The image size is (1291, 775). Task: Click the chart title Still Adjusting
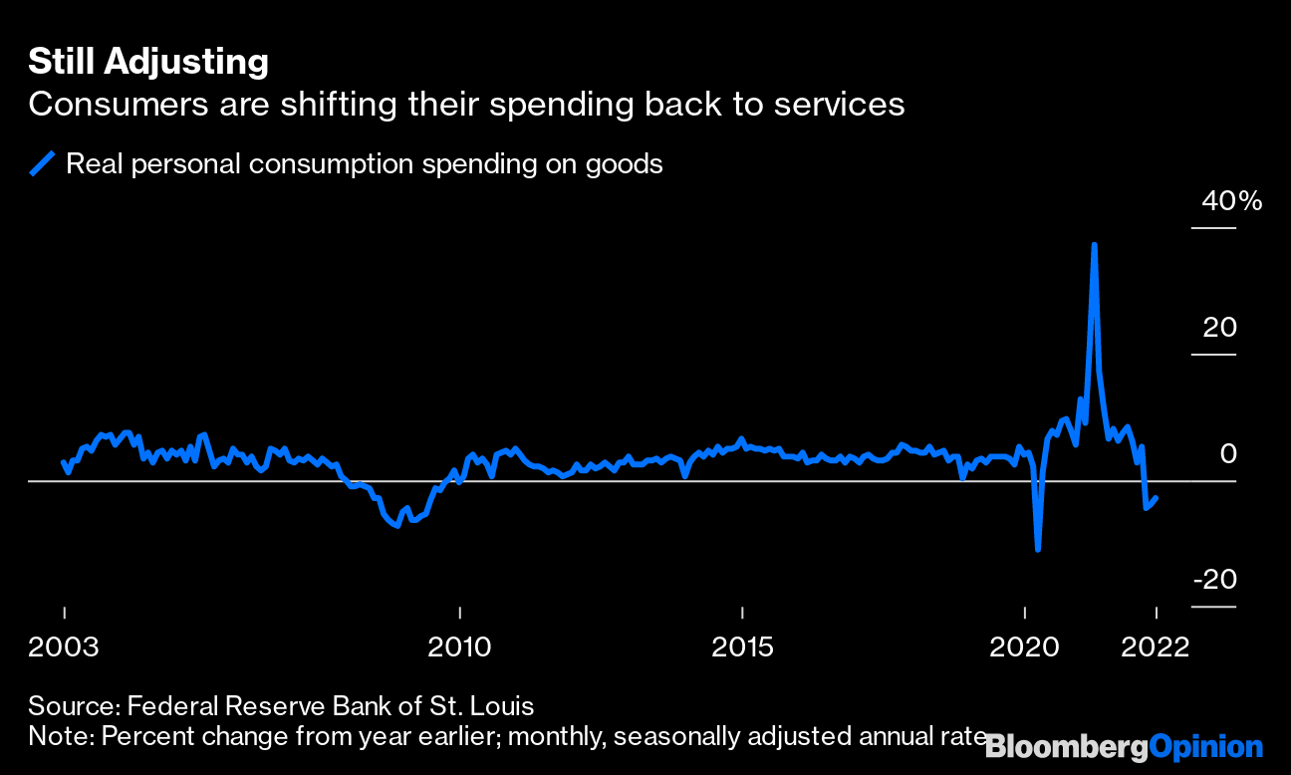coord(148,62)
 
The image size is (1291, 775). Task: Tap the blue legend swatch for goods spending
coord(43,163)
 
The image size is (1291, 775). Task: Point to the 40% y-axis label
coord(1231,201)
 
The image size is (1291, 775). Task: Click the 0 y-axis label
coord(1228,454)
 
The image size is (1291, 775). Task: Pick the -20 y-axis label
coord(1213,580)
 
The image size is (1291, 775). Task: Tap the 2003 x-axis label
coord(64,647)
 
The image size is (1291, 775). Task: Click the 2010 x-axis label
coord(459,647)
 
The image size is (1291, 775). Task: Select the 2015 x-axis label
coord(742,647)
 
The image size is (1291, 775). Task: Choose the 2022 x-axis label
coord(1155,647)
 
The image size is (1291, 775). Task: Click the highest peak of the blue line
coord(1095,244)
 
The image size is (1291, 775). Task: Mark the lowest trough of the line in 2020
coord(1038,549)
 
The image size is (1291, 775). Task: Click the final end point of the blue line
coord(1155,498)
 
